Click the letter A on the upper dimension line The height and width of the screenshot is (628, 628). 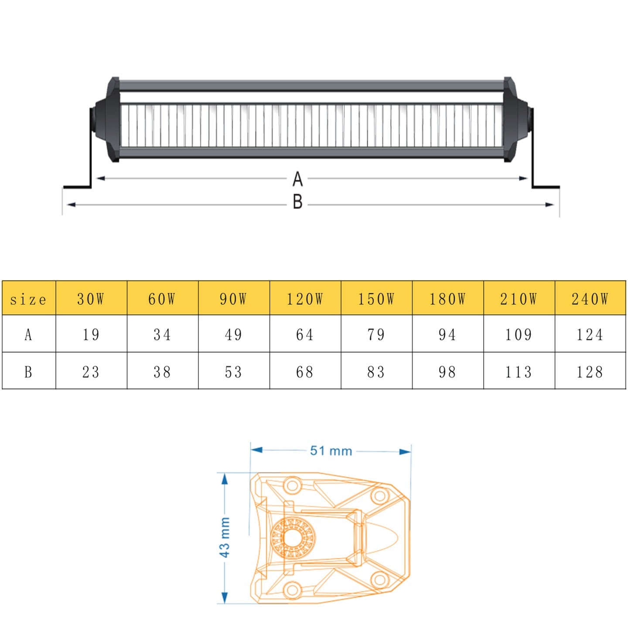(297, 179)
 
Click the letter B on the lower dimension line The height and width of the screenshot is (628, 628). (297, 202)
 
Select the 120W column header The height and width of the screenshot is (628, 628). (305, 299)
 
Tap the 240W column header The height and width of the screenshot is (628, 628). (590, 299)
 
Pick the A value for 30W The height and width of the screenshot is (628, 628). (91, 334)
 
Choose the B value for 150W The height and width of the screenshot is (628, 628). (376, 372)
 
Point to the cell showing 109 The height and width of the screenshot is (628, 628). (519, 334)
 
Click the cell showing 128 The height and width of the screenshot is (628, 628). (590, 372)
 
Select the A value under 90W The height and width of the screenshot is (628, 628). (234, 334)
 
